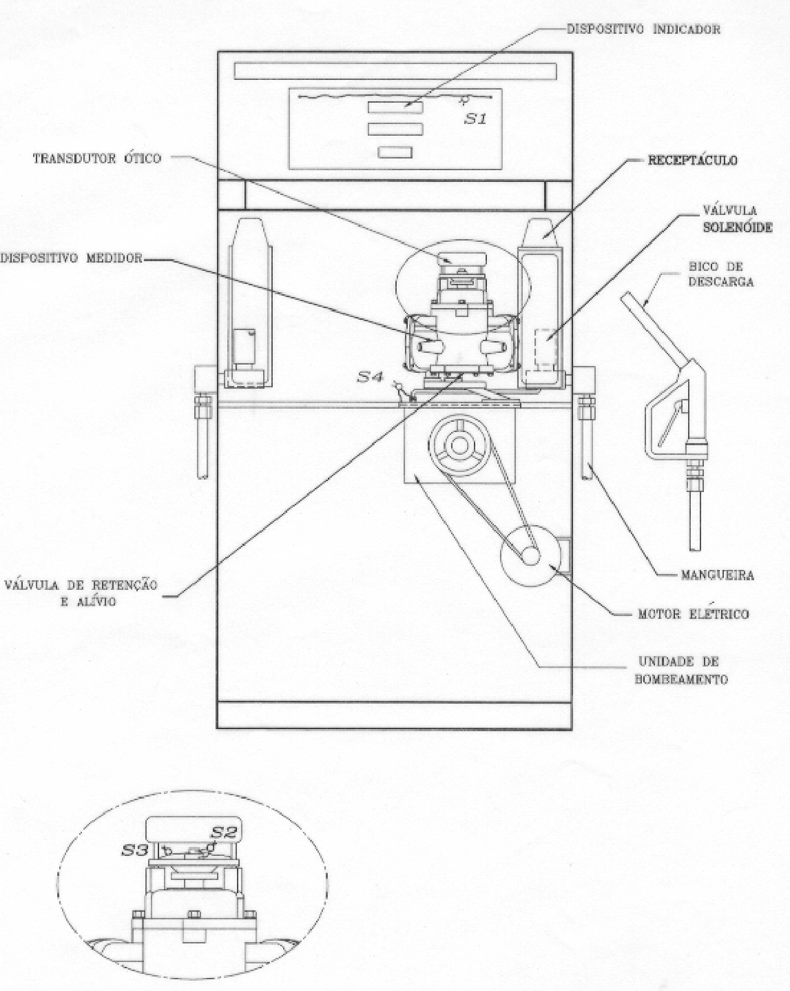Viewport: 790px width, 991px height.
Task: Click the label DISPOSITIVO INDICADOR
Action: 643,30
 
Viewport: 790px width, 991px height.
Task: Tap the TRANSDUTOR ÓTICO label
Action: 96,159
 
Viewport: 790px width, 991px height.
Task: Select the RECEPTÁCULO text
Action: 692,161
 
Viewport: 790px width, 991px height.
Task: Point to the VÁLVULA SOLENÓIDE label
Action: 737,218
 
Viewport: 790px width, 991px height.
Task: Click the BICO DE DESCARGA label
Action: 721,274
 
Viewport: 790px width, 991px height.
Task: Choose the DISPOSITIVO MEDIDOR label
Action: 72,258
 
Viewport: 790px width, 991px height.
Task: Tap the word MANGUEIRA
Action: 717,575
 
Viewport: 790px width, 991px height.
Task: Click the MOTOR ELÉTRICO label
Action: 693,614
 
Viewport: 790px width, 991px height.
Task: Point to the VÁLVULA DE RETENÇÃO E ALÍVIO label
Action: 81,593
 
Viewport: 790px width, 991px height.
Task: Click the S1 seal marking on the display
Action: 475,119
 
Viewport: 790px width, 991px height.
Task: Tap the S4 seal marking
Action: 370,377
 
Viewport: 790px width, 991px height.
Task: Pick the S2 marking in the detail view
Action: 224,832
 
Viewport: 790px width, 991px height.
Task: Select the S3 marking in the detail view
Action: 134,850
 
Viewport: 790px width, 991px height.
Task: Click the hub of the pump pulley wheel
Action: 458,445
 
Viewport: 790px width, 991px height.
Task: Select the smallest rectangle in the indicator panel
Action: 395,152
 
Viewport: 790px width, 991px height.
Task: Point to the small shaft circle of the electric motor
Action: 530,556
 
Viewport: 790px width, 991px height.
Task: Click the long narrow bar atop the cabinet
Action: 395,71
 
